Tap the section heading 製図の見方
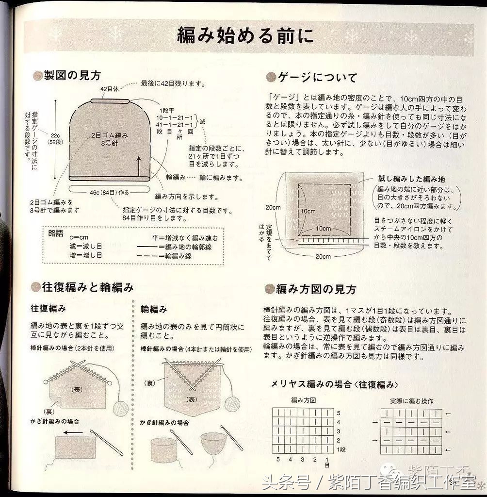[x=72, y=75]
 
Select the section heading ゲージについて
[x=317, y=77]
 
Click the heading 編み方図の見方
[x=316, y=290]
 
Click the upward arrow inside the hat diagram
[x=139, y=165]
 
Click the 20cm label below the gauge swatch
[x=323, y=256]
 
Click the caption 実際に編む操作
[x=411, y=401]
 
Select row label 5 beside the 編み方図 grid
[x=338, y=413]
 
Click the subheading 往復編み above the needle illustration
[x=48, y=309]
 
